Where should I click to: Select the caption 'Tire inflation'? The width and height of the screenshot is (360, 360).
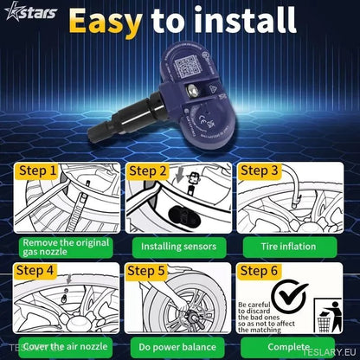click(289, 246)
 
